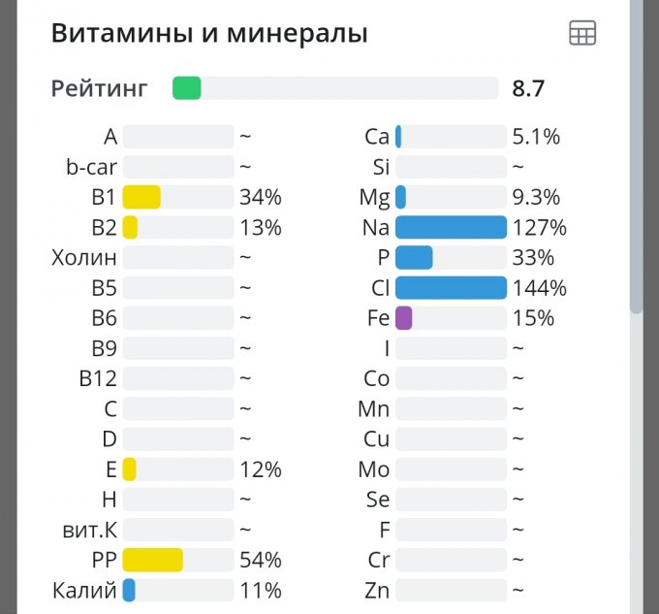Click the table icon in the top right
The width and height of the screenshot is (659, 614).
pyautogui.click(x=582, y=33)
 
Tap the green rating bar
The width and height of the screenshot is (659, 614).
pyautogui.click(x=187, y=88)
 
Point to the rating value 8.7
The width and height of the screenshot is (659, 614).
pyautogui.click(x=528, y=88)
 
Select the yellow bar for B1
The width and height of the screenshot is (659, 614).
pyautogui.click(x=141, y=197)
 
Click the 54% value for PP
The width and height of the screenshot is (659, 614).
pyautogui.click(x=261, y=560)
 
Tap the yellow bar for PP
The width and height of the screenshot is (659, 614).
pyautogui.click(x=153, y=560)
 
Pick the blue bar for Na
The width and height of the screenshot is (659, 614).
pyautogui.click(x=451, y=227)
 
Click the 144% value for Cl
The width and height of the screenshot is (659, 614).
pyautogui.click(x=539, y=288)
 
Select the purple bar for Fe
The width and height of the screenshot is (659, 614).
pyautogui.click(x=404, y=318)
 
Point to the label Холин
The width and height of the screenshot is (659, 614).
pyautogui.click(x=84, y=258)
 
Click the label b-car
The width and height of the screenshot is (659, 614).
pyautogui.click(x=91, y=167)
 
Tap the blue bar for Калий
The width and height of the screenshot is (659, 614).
pyautogui.click(x=129, y=590)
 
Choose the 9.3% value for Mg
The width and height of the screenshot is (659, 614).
pyautogui.click(x=536, y=197)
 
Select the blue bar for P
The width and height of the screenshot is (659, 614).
pyautogui.click(x=414, y=258)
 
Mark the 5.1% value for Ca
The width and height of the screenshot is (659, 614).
pyautogui.click(x=536, y=137)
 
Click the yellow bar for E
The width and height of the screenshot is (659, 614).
pyautogui.click(x=129, y=469)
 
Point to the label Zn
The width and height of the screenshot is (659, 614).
pyautogui.click(x=377, y=590)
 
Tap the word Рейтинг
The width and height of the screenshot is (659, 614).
pyautogui.click(x=100, y=88)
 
